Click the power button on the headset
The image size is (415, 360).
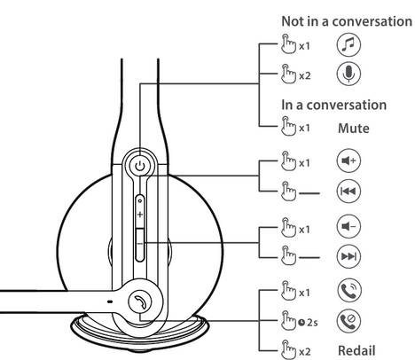[140, 166]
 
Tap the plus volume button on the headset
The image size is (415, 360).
[140, 214]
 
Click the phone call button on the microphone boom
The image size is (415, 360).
[140, 301]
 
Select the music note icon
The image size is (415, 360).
[348, 45]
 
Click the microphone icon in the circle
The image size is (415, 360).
[348, 74]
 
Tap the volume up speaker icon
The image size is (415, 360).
[348, 160]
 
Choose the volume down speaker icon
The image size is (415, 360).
[348, 227]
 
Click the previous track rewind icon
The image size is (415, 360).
[348, 191]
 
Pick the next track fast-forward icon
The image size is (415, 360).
[348, 256]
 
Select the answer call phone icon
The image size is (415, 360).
[348, 290]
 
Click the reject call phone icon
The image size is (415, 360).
[348, 321]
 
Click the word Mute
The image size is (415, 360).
[354, 129]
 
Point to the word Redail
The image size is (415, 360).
[356, 351]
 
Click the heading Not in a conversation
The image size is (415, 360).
[347, 21]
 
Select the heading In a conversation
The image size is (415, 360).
[334, 105]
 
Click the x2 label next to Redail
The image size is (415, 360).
[305, 352]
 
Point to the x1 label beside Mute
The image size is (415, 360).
[304, 129]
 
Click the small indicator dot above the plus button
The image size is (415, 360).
[140, 201]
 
